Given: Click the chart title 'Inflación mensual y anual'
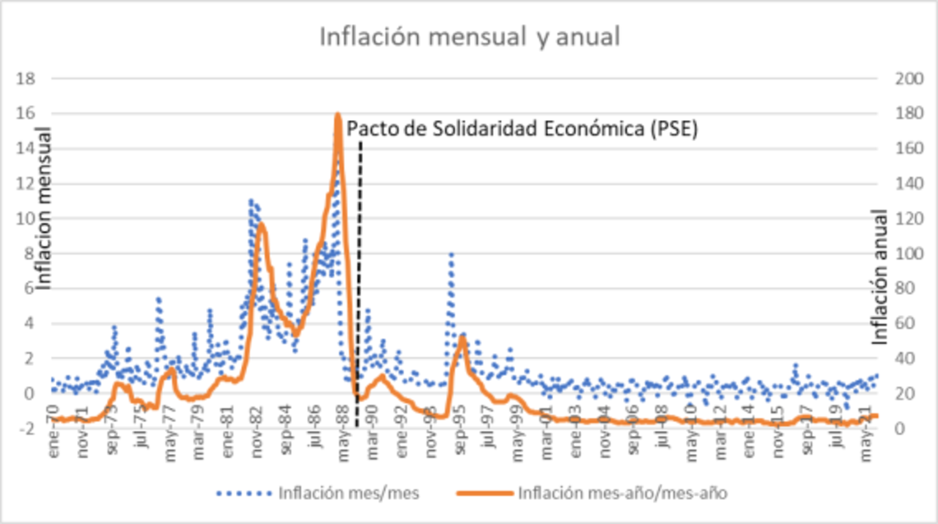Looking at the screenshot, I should coord(469,37).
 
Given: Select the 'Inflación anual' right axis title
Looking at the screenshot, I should coord(880,276).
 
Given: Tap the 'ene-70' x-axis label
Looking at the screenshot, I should coord(54,456).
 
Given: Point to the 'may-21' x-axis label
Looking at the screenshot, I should coord(866,456).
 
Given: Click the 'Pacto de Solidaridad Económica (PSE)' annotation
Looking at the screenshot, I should coord(522,129).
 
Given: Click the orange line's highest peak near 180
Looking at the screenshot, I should coord(337,115).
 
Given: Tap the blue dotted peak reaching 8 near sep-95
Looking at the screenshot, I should coord(451,254).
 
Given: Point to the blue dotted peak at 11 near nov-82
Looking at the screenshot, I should coord(251,201).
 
